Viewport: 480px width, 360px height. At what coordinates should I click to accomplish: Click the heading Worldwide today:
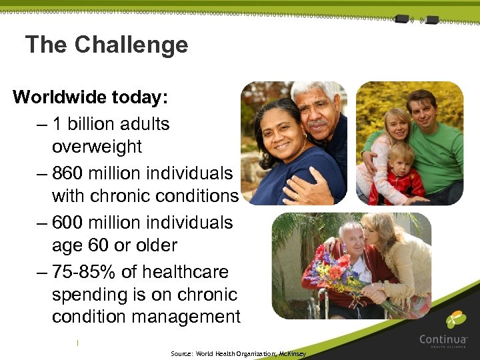point(90,97)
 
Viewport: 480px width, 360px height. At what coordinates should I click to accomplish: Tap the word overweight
point(97,147)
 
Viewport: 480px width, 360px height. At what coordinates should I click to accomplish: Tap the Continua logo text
point(443,339)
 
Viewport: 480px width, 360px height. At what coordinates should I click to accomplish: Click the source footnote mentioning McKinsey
point(238,354)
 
